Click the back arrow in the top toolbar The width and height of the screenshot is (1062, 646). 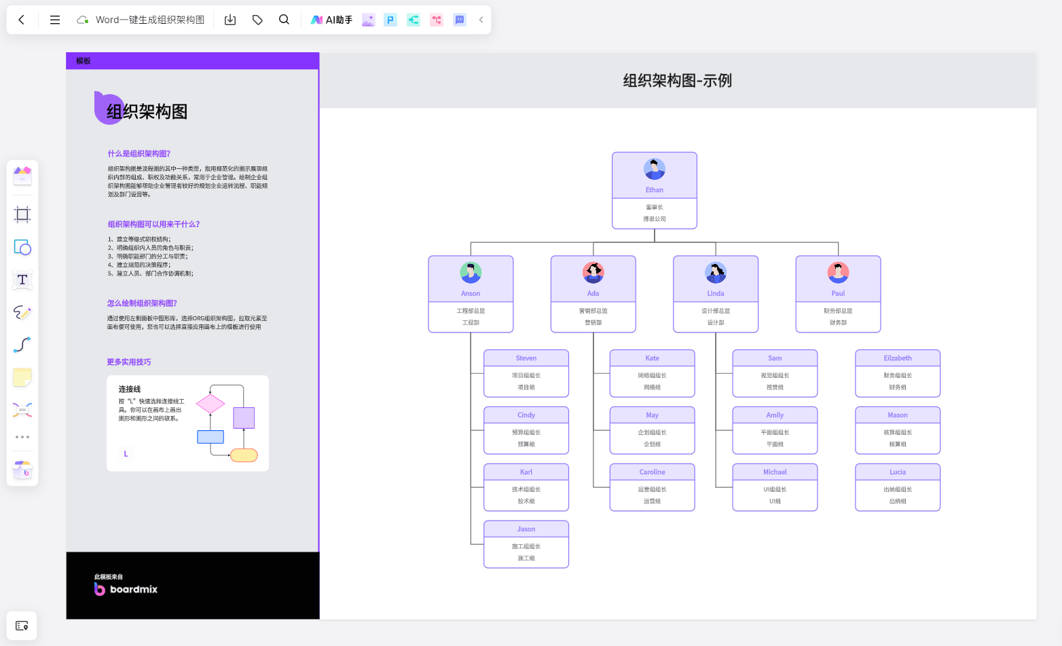[22, 20]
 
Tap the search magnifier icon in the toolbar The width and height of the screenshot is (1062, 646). [284, 20]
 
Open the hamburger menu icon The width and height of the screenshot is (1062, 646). [55, 20]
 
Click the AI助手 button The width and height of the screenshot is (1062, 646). [331, 20]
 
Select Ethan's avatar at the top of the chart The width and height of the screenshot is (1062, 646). [655, 169]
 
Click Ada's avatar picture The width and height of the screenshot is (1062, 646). [593, 272]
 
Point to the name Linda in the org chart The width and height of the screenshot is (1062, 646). [716, 294]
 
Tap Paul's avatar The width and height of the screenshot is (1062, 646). [838, 272]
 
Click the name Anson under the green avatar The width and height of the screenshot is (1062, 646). [471, 294]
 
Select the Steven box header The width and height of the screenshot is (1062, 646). [526, 358]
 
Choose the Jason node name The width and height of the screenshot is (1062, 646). [526, 529]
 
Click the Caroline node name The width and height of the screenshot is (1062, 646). [652, 472]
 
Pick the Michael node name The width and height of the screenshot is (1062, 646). [775, 472]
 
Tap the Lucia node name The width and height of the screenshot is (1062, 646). [898, 472]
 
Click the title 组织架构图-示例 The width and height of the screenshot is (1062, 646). [678, 81]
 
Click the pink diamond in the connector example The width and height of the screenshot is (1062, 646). [210, 404]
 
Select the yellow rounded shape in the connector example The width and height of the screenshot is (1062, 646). [244, 455]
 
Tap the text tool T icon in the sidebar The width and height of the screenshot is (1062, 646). [22, 280]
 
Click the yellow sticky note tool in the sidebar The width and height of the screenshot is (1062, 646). [22, 377]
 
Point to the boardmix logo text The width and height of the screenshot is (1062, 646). [133, 589]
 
